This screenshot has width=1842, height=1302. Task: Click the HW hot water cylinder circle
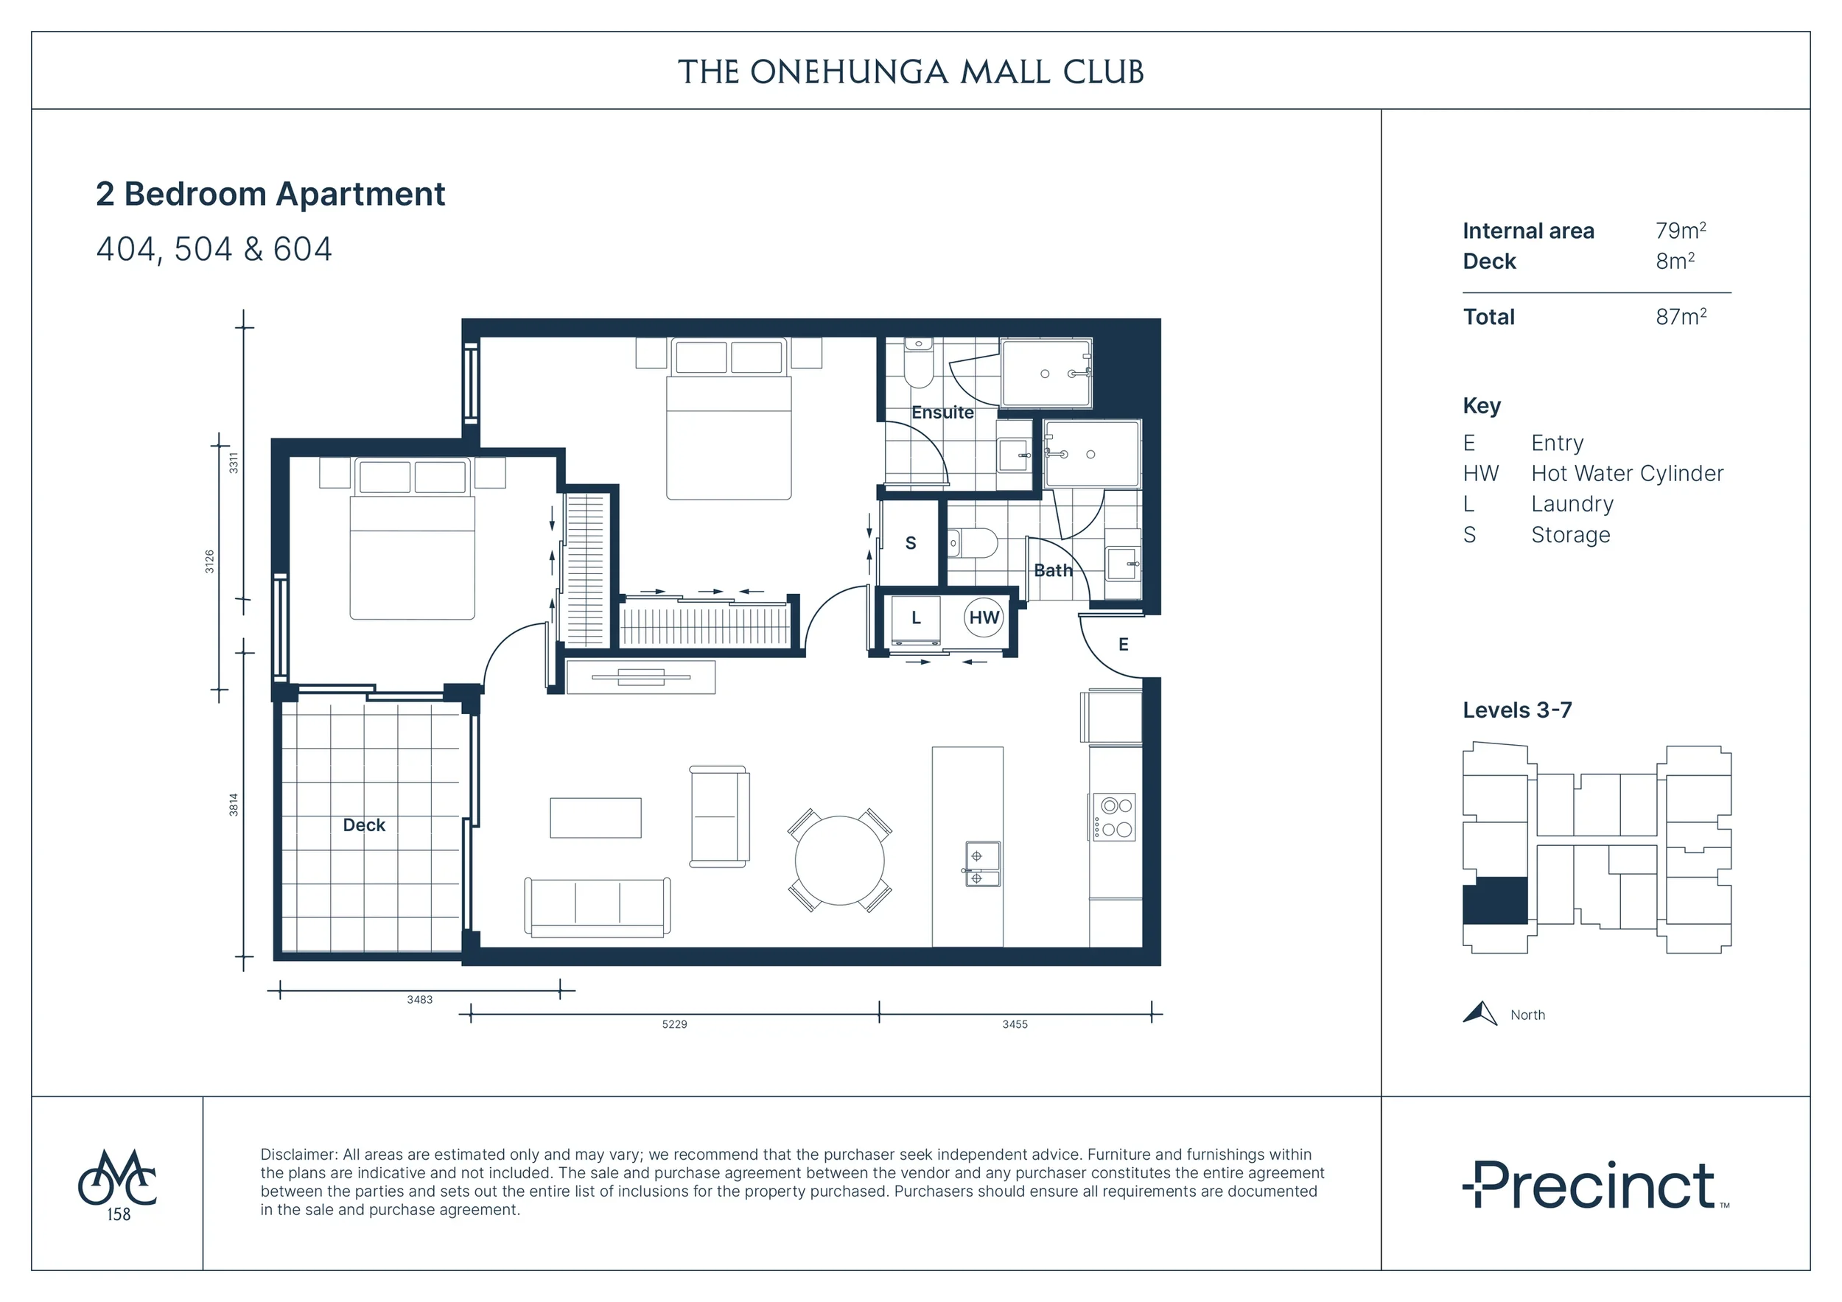click(x=984, y=617)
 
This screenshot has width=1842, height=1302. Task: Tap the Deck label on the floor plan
click(x=364, y=825)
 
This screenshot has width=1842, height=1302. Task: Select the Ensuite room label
click(x=942, y=413)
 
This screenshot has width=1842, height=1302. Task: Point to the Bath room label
click(x=1054, y=570)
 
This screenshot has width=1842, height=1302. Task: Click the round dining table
click(x=839, y=861)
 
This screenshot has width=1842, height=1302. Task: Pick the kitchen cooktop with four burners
click(x=1113, y=816)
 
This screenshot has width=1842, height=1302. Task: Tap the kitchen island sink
click(x=983, y=864)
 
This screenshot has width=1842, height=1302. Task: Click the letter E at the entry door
click(x=1123, y=644)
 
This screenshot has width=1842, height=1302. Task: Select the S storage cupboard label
click(x=911, y=543)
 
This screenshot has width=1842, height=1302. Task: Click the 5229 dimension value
click(x=675, y=1024)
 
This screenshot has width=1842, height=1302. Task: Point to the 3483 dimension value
click(x=419, y=1000)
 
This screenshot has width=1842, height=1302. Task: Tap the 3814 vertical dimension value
click(x=234, y=805)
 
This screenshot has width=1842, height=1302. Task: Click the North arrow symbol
click(x=1481, y=1014)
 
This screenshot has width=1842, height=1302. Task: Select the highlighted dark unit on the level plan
click(x=1496, y=900)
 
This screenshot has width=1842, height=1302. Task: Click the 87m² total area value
click(x=1681, y=316)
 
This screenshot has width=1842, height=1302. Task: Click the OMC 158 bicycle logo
click(x=118, y=1185)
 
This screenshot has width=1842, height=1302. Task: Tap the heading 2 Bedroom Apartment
click(x=270, y=194)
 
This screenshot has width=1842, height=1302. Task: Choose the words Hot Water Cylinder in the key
click(x=1627, y=473)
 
